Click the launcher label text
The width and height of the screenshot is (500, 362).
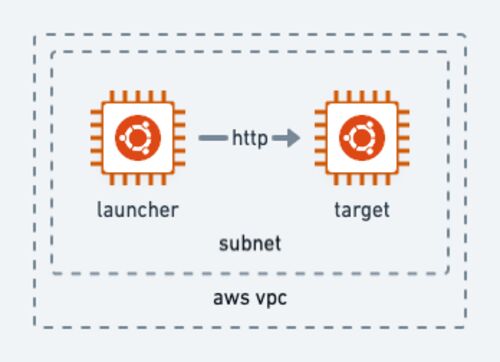(x=138, y=210)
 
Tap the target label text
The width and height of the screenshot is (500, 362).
(x=362, y=211)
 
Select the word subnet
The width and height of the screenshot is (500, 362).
(x=250, y=243)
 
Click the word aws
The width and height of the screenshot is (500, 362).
(x=230, y=298)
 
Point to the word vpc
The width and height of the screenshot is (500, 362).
(x=269, y=298)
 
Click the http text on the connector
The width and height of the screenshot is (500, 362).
(x=250, y=138)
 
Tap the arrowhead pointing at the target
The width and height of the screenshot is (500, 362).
(x=293, y=138)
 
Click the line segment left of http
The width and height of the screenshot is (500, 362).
(x=213, y=138)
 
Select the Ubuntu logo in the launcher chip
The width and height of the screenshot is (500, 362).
(x=138, y=138)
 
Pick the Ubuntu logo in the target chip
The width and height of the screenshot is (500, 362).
(x=362, y=138)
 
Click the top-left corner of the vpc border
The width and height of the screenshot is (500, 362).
(x=35, y=34)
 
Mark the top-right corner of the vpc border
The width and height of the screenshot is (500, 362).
(x=465, y=34)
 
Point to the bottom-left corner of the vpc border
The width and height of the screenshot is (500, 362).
(x=35, y=327)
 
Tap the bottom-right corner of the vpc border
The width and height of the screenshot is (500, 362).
(x=465, y=327)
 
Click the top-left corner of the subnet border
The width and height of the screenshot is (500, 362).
(x=52, y=52)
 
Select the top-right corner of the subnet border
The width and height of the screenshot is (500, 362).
(x=448, y=52)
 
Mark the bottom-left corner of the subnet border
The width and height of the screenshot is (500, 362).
(x=52, y=274)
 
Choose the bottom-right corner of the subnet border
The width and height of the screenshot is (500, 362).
(x=448, y=274)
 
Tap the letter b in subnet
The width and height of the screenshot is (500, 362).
(x=245, y=243)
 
